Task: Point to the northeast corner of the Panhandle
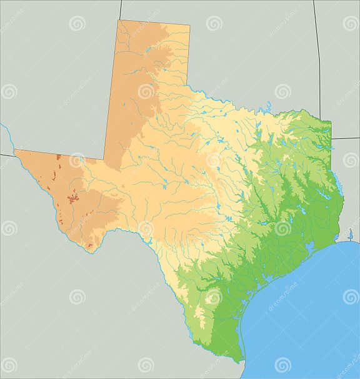click(x=189, y=26)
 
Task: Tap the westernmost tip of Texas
click(x=15, y=150)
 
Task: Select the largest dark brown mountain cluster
click(x=73, y=199)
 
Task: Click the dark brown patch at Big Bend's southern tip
click(x=89, y=245)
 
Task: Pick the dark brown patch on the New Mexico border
click(x=58, y=157)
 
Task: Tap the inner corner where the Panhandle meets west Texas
click(x=104, y=159)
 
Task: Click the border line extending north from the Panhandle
click(x=120, y=10)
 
